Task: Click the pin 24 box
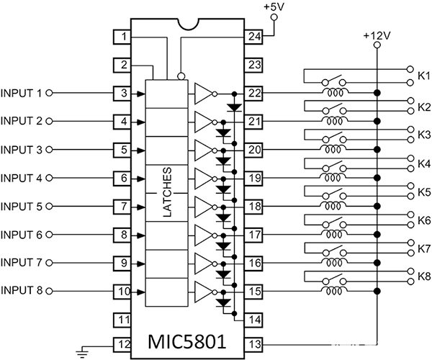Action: pos(253,37)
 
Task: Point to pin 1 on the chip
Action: pos(125,37)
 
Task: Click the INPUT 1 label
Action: pos(22,94)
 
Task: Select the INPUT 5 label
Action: pos(22,206)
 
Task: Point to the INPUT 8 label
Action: pos(22,291)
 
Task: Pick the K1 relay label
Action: pos(423,75)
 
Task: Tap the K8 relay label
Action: pos(423,276)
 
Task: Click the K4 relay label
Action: pos(423,163)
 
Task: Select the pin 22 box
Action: pos(253,94)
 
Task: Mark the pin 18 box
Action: pos(253,206)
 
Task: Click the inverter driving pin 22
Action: pos(204,94)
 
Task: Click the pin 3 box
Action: pos(125,94)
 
